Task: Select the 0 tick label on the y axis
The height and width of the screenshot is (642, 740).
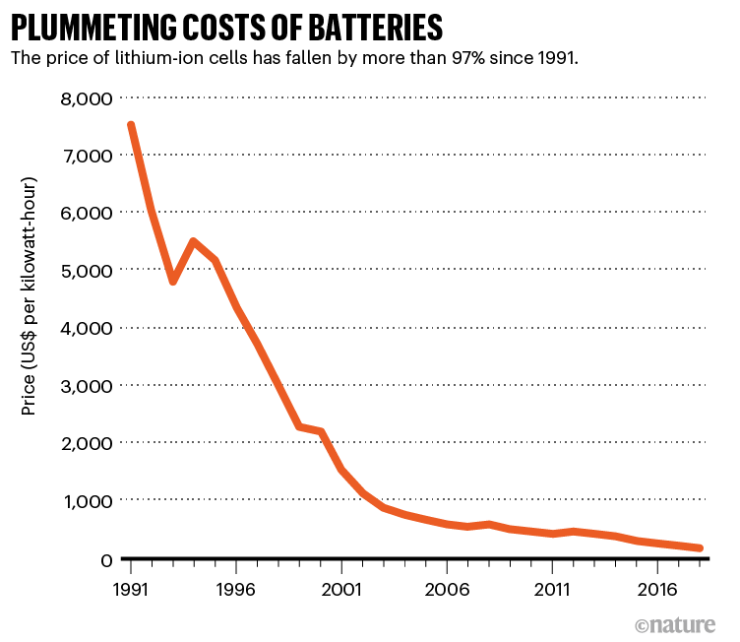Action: (x=106, y=559)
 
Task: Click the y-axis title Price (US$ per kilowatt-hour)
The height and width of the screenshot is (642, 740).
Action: (x=30, y=295)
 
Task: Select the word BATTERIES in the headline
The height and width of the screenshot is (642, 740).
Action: (x=357, y=25)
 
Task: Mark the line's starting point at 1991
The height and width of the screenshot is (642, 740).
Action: (x=130, y=125)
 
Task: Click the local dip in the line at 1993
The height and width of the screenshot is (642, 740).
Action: (x=172, y=282)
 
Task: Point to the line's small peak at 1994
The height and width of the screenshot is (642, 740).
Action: (x=193, y=241)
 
